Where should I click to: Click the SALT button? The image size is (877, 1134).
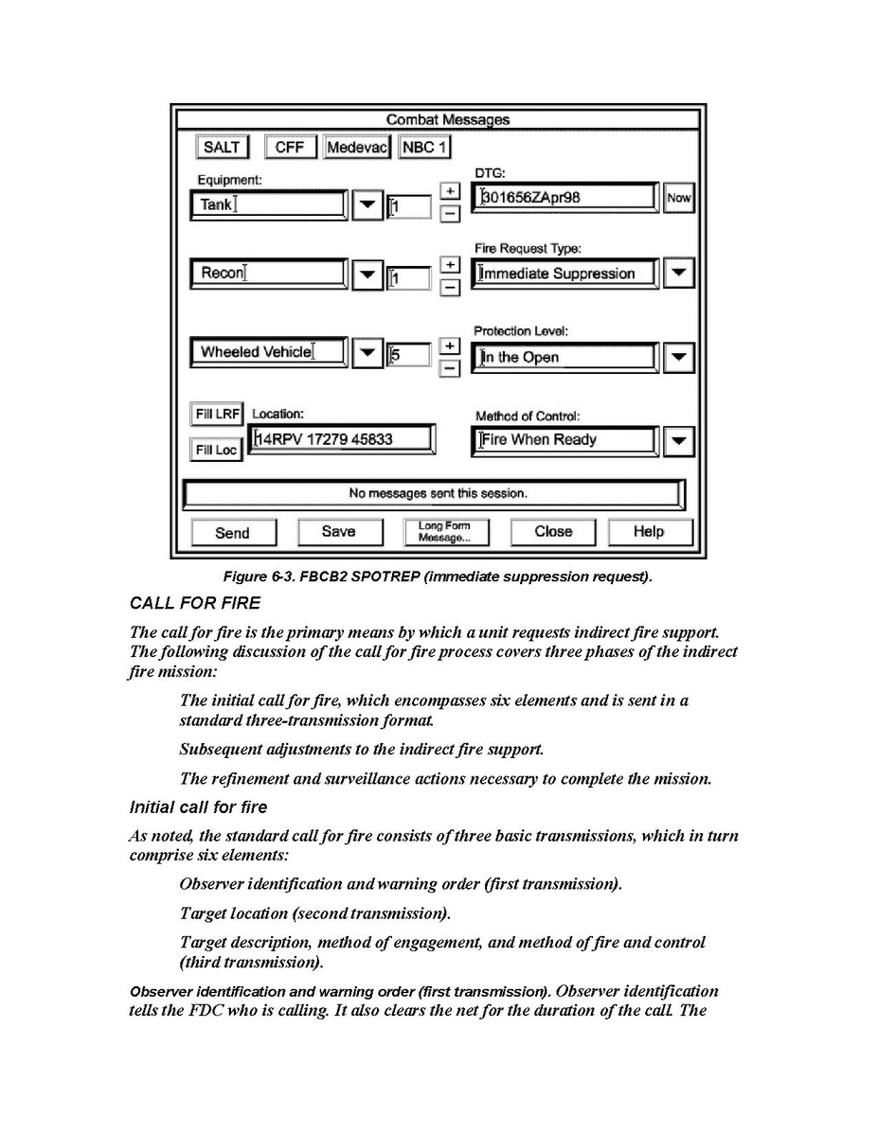222,148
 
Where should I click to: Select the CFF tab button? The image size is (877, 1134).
290,148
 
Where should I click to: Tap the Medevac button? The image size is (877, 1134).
357,148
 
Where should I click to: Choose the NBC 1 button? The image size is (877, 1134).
425,148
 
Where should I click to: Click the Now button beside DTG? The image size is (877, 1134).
678,198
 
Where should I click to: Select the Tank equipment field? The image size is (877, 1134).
268,204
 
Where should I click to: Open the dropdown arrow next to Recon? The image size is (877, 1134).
367,275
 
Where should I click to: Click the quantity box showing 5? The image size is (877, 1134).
409,356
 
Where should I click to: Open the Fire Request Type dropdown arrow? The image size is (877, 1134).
678,274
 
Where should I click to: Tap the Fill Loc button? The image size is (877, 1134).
216,451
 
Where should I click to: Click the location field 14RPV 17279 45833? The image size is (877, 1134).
342,439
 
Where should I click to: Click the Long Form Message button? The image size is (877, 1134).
444,532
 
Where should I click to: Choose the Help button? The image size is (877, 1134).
649,532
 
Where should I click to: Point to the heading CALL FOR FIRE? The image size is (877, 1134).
194,603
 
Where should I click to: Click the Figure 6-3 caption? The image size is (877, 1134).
438,577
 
